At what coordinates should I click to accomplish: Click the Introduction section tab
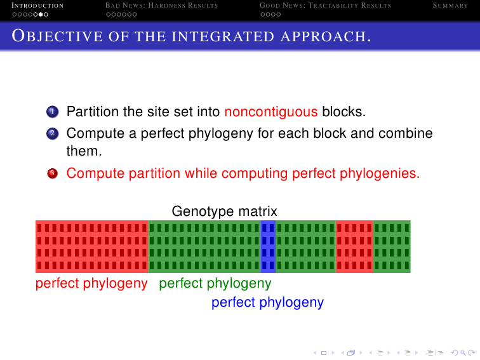point(37,6)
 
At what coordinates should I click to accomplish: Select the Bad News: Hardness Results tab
point(162,6)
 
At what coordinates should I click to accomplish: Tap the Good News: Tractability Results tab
point(326,6)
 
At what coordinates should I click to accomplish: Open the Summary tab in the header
point(450,6)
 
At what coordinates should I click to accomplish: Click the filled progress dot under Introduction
point(41,15)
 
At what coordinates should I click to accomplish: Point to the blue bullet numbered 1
point(52,112)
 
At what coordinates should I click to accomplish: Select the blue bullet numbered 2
point(52,134)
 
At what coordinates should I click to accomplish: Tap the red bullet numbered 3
point(52,173)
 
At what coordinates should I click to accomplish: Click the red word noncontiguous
point(271,112)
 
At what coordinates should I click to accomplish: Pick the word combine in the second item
point(406,133)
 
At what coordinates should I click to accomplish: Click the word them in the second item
point(84,151)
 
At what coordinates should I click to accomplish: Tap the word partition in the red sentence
point(154,173)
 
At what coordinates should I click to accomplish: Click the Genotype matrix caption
point(224,211)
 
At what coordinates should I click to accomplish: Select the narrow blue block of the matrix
point(268,246)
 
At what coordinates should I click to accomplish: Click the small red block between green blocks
point(354,246)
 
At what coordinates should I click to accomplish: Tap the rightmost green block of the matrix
point(392,246)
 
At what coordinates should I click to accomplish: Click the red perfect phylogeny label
point(91,283)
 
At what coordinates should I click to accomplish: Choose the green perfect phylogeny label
point(215,283)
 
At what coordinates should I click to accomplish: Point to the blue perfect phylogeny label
point(267,302)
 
